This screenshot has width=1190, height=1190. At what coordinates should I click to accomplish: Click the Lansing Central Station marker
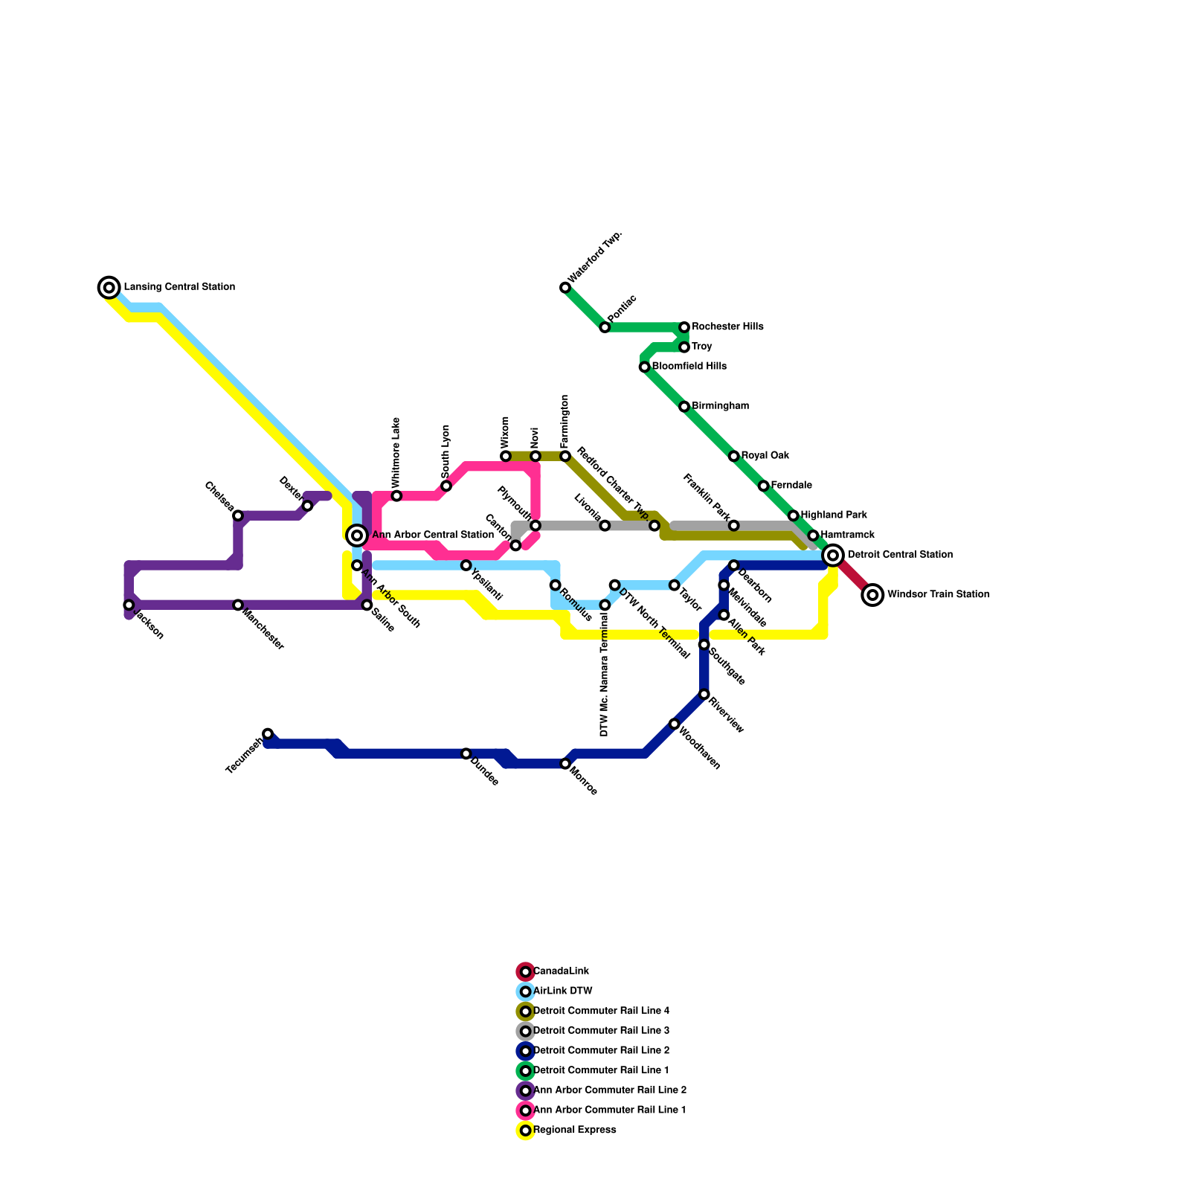pos(109,287)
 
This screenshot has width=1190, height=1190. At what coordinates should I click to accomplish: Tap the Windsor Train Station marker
pos(873,595)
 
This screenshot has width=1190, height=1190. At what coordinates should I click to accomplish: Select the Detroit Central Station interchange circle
pos(834,555)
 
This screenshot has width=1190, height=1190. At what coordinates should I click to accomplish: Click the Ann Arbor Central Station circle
pos(357,535)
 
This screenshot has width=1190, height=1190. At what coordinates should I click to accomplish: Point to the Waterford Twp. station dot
pos(565,288)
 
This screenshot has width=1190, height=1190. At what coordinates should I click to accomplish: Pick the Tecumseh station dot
pos(268,734)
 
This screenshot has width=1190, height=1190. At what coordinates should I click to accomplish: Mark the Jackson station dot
pos(129,605)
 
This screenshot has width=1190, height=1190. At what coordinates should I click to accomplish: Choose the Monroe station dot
pos(565,764)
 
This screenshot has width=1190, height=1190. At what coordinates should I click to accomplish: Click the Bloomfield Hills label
pos(689,367)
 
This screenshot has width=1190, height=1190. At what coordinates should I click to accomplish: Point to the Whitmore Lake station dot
pos(396,496)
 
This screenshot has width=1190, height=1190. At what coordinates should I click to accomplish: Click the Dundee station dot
pos(466,754)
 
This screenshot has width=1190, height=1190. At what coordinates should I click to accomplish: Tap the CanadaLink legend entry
pos(561,971)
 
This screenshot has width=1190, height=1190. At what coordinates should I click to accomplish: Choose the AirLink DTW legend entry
pos(562,991)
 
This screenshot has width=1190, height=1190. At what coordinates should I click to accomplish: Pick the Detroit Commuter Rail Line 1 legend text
pos(601,1071)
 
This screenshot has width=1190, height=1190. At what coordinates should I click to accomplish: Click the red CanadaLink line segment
pos(854,576)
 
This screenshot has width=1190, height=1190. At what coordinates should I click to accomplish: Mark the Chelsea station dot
pos(238,515)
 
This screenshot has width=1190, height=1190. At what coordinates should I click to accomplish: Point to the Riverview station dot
pos(704,695)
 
